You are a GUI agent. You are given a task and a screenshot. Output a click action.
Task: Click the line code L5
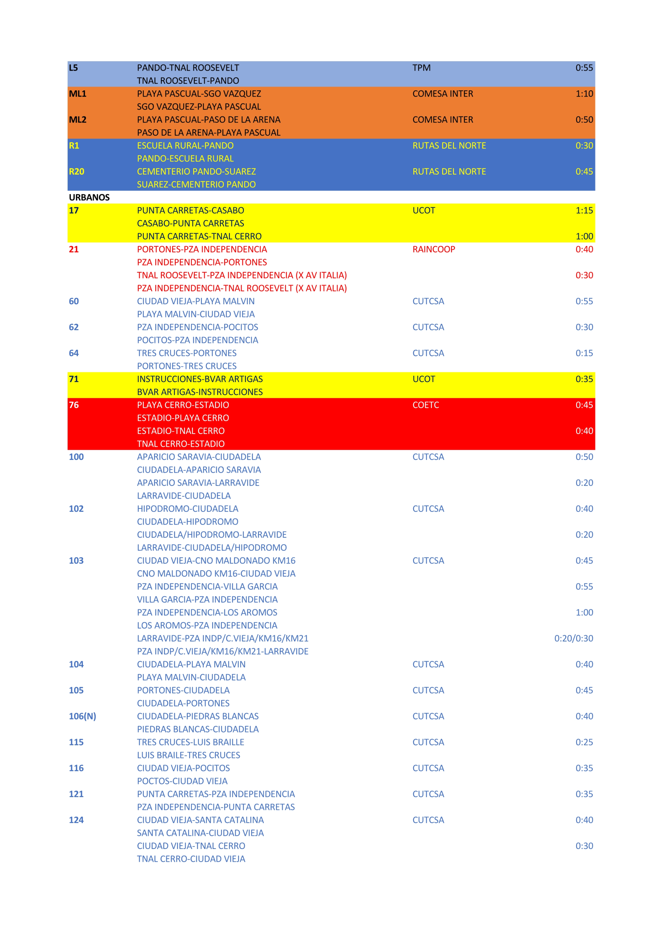coord(73,68)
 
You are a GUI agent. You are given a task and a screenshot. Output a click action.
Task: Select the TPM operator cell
coord(421,68)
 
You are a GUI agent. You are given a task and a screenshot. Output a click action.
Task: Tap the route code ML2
coord(77,120)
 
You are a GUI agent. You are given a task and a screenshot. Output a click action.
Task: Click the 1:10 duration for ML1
coord(584,93)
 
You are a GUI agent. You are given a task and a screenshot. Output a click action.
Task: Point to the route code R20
coord(76,172)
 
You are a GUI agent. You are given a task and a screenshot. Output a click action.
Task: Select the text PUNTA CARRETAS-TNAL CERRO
coord(199,236)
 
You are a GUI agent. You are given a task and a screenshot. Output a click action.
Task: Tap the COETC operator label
coord(425,405)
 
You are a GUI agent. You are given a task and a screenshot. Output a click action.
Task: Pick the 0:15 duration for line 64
coord(584,353)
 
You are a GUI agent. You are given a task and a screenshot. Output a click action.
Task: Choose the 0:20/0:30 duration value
coord(573,638)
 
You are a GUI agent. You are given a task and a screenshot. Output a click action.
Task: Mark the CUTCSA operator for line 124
coord(428,820)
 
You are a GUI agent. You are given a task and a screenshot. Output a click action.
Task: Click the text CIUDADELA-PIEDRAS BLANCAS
coord(198,716)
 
